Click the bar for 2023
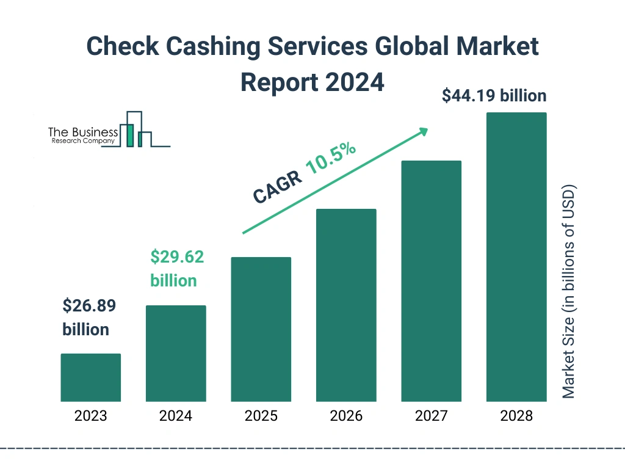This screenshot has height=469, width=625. tap(90, 377)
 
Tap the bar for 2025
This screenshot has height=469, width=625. tap(261, 329)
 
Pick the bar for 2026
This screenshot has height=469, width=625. tap(346, 305)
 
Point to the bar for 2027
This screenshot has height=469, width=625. tap(431, 281)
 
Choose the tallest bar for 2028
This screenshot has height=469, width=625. tap(516, 257)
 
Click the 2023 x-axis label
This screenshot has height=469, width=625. tap(90, 416)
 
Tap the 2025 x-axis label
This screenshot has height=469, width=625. tap(261, 416)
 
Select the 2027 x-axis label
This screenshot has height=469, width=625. tap(431, 416)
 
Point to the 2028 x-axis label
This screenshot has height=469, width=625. tap(516, 416)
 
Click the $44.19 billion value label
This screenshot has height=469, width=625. tap(494, 96)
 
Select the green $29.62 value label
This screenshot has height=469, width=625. tap(177, 257)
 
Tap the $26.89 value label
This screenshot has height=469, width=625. tap(89, 306)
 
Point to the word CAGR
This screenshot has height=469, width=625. tap(276, 187)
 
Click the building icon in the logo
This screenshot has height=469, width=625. tap(135, 129)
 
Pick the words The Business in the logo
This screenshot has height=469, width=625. tap(83, 133)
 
